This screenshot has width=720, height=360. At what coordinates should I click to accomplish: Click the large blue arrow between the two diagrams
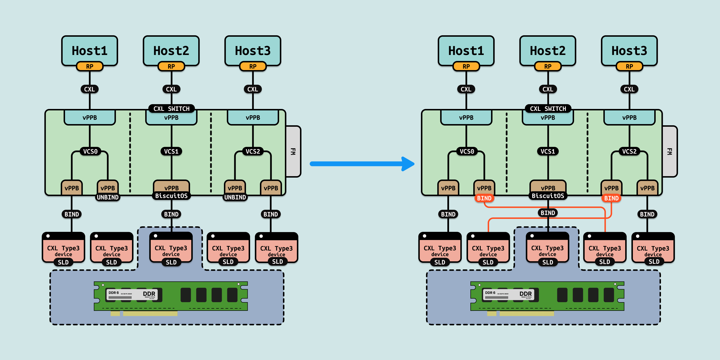point(360,164)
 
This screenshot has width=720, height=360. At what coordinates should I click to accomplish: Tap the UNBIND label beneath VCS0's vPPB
point(108,197)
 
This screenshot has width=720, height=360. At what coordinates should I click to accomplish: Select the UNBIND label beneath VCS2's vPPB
point(235,197)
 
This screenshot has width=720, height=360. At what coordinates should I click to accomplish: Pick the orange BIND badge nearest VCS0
point(484,198)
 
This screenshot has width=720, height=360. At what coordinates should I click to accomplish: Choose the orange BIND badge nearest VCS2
point(611,198)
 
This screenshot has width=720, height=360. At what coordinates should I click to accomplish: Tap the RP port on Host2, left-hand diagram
point(171,66)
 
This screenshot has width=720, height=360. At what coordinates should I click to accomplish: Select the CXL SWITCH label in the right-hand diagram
point(548,108)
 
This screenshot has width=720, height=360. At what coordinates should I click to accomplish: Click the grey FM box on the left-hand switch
point(293,151)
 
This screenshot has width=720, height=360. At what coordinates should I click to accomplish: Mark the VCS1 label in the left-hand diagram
point(171,151)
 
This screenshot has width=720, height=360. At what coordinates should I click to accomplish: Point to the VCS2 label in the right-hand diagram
point(629,151)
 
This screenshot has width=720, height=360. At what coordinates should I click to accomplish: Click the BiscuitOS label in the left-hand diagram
point(171,196)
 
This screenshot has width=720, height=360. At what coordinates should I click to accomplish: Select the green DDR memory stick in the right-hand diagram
point(547,296)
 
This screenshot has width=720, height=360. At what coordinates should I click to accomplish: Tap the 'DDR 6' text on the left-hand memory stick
point(114,293)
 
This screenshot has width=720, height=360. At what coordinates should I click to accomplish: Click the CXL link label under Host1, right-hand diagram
point(466,89)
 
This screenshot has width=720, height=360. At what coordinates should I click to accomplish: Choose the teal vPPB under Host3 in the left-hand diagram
point(253,118)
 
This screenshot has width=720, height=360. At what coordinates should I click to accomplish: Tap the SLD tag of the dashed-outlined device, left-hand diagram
point(171,262)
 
